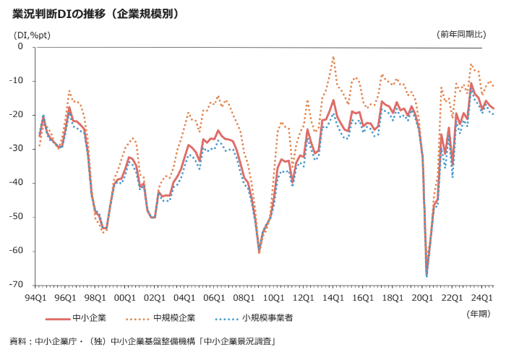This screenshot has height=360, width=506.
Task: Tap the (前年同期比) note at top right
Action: coord(466,34)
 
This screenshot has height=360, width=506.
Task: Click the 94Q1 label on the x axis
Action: coord(36,296)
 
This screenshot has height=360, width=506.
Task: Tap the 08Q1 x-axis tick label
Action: coord(244,296)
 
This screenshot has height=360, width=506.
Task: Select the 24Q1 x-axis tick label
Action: coord(481,296)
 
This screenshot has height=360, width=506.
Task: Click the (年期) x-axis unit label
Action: coord(478,313)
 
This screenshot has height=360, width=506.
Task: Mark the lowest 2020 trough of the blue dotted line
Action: coord(426,276)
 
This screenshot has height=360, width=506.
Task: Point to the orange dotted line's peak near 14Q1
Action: coord(333,56)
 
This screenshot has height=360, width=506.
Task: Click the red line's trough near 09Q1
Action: coord(259,252)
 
